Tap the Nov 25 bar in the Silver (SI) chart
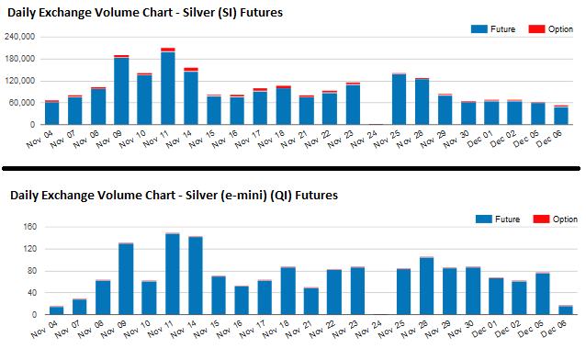pos(399,98)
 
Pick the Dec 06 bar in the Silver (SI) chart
pos(560,115)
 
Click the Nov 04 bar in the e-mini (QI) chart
pos(56,310)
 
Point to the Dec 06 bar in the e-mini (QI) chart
pos(565,309)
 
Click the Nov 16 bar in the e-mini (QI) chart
pos(242,300)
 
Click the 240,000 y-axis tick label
pos(20,37)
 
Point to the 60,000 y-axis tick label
pos(23,103)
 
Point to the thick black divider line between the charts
pos(292,168)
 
